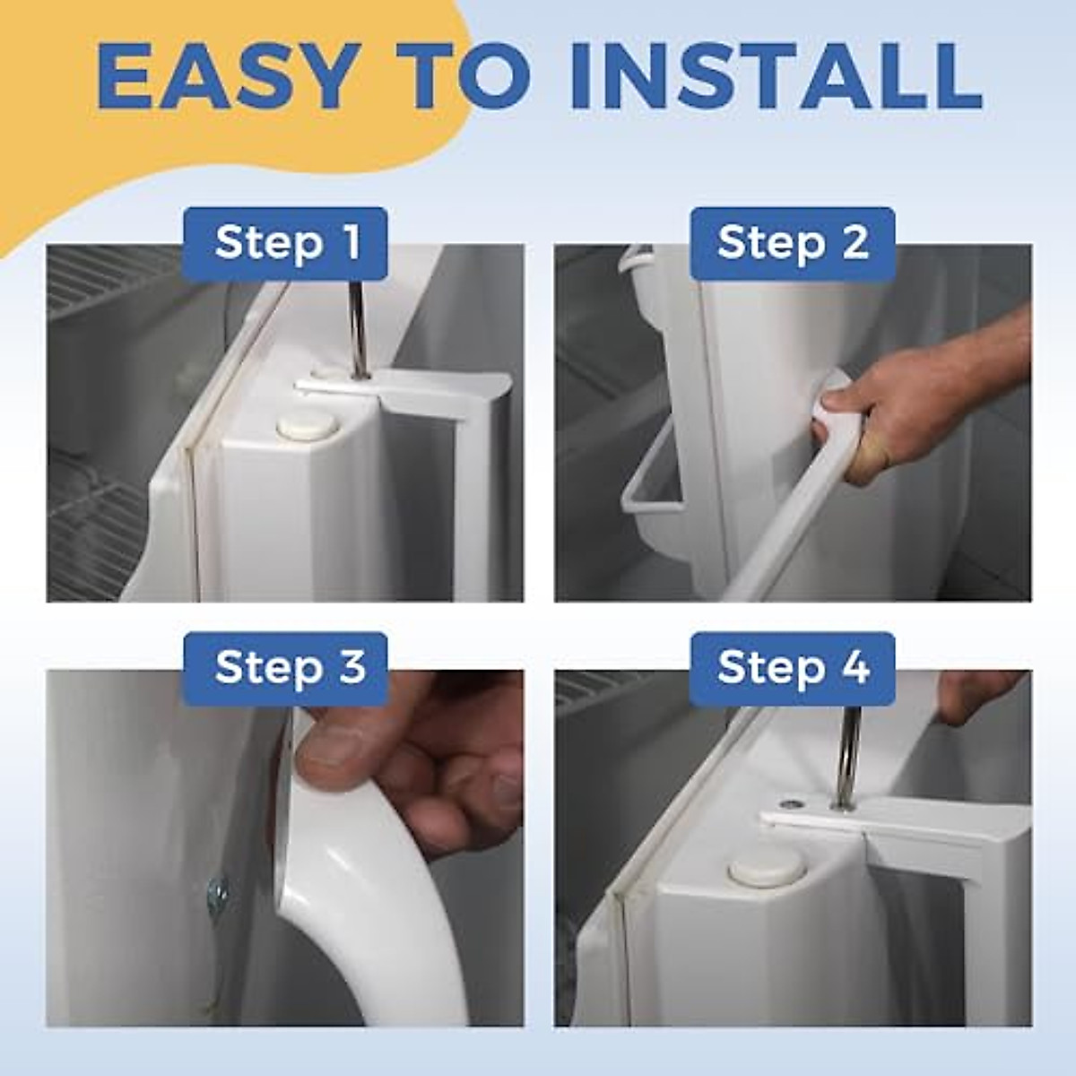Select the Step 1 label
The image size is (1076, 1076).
[x=285, y=244]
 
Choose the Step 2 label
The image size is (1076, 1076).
[x=793, y=244]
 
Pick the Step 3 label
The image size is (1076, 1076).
[x=285, y=668]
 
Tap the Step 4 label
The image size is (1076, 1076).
[x=793, y=668]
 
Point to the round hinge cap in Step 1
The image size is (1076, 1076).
[x=308, y=427]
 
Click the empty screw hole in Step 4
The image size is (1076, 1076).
[x=791, y=804]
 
